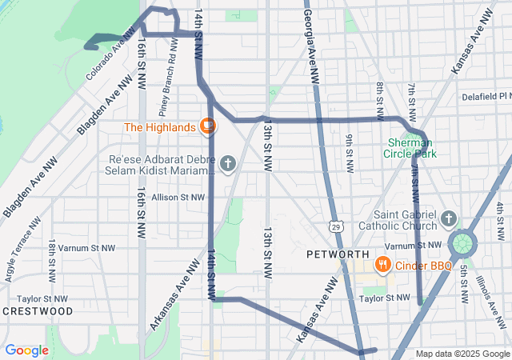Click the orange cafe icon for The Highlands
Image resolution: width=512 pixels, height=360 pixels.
tap(207, 126)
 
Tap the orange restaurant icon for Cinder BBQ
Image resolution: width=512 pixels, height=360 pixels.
tap(383, 265)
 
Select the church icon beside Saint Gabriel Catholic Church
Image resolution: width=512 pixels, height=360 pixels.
tap(448, 218)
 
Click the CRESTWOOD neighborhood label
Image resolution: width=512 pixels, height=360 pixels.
tap(38, 310)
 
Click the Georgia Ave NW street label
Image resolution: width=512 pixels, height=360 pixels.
tap(311, 48)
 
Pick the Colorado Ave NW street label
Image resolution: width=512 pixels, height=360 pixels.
tap(108, 58)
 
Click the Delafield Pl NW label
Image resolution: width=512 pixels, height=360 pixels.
tap(486, 97)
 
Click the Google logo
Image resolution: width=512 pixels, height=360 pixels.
tap(26, 350)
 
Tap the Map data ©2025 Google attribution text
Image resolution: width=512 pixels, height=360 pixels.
tap(462, 354)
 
